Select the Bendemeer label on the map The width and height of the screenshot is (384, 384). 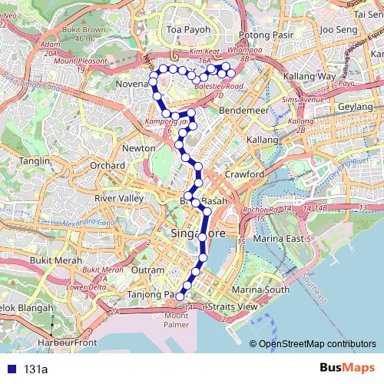click(x=243, y=111)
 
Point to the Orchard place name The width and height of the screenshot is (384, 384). click(x=107, y=165)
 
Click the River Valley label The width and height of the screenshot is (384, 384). click(x=118, y=198)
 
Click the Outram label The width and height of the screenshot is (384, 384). click(x=147, y=270)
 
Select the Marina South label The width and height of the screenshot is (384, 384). click(x=260, y=290)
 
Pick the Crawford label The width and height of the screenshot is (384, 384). click(x=244, y=174)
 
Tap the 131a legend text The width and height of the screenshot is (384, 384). click(x=35, y=369)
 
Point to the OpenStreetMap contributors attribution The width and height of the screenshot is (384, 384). click(x=317, y=343)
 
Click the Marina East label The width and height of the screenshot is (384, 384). click(x=288, y=238)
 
